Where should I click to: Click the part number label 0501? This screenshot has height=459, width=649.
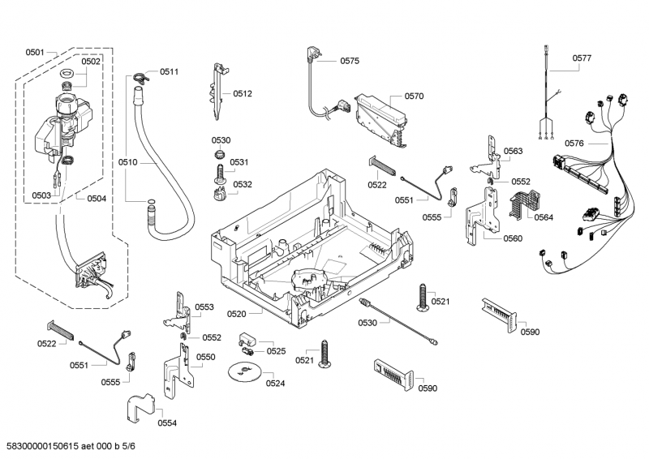pyautogui.click(x=35, y=52)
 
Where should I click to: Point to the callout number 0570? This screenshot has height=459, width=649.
pyautogui.click(x=414, y=96)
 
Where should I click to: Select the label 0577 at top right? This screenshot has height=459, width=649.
pyautogui.click(x=582, y=58)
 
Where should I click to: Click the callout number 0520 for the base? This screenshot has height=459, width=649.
pyautogui.click(x=236, y=312)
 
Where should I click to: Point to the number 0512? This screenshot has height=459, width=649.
pyautogui.click(x=243, y=94)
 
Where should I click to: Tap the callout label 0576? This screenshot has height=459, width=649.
pyautogui.click(x=574, y=143)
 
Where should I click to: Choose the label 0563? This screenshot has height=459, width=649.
pyautogui.click(x=512, y=152)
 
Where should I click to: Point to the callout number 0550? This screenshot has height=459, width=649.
pyautogui.click(x=206, y=357)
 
